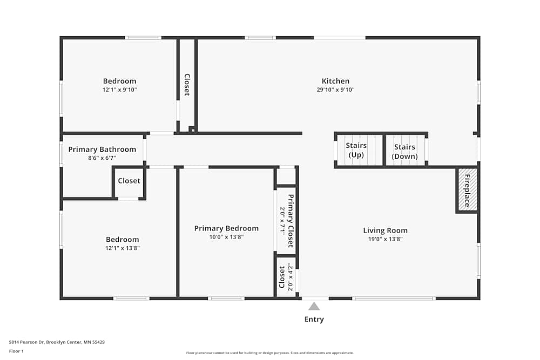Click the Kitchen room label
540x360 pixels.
point(335,81)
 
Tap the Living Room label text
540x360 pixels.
point(385,230)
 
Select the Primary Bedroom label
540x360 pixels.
point(226,228)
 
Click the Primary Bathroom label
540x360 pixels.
point(102,150)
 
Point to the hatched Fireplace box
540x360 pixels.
point(467,189)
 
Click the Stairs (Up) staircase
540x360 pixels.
point(356,151)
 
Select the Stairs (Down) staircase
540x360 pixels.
point(404,151)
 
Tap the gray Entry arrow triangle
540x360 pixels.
point(314,306)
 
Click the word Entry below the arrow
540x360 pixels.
point(314,319)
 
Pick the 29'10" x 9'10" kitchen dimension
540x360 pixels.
point(335,90)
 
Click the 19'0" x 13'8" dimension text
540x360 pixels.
point(385,239)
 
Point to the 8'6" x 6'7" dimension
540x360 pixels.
point(102,158)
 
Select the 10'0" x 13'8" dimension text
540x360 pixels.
point(226,237)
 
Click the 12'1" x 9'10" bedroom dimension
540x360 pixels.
point(120,90)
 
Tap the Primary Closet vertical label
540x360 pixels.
point(291,220)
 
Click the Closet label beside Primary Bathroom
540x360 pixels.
point(129,181)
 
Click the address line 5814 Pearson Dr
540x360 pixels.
point(57,342)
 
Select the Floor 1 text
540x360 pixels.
point(16,351)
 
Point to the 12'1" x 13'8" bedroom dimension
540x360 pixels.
point(122,248)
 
